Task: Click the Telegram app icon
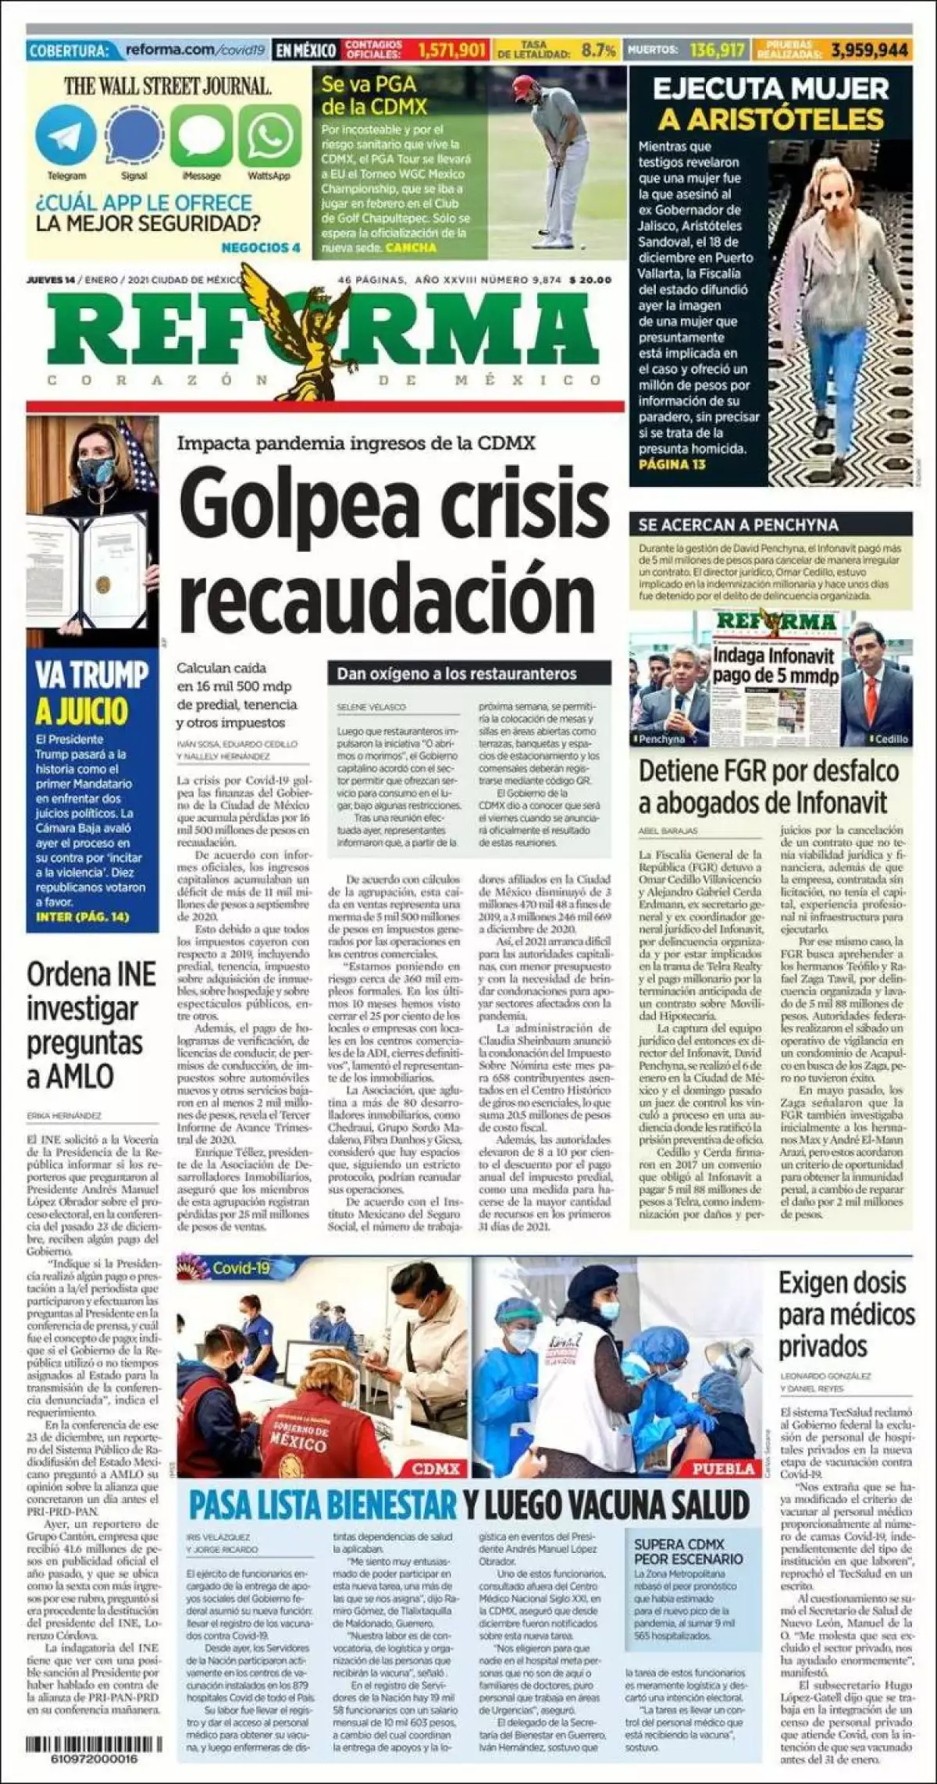coord(66,136)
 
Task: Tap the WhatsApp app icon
coord(269,136)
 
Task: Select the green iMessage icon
coord(201,136)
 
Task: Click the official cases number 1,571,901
coord(451,51)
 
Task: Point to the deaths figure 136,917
coord(718,51)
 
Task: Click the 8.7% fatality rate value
coord(599,51)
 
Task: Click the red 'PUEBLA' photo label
coord(724,1468)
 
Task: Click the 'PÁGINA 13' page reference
coord(672,464)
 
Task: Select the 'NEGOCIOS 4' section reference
coord(261,247)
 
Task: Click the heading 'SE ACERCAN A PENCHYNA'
coord(738,524)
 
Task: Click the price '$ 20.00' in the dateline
coord(590,280)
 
